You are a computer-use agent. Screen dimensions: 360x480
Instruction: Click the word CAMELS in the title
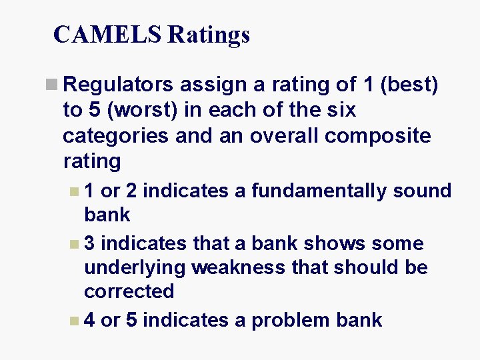(107, 34)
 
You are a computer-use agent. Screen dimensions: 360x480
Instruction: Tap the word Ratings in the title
(209, 34)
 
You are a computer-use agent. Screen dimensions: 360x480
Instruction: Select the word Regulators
(119, 85)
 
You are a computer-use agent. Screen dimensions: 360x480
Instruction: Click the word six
(340, 111)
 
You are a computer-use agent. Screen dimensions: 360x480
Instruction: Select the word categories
(120, 136)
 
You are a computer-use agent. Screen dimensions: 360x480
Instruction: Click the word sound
(422, 191)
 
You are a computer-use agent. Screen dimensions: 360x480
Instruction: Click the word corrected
(129, 292)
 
